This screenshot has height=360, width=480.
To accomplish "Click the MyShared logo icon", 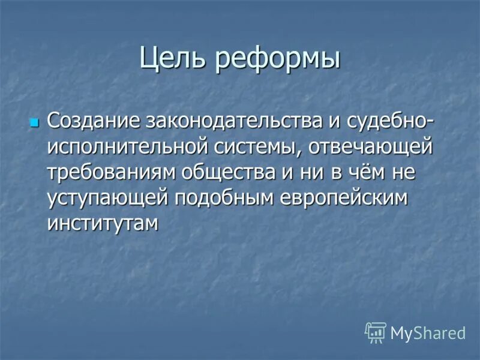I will point(376,332).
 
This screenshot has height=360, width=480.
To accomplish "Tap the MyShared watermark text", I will point(428,332).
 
